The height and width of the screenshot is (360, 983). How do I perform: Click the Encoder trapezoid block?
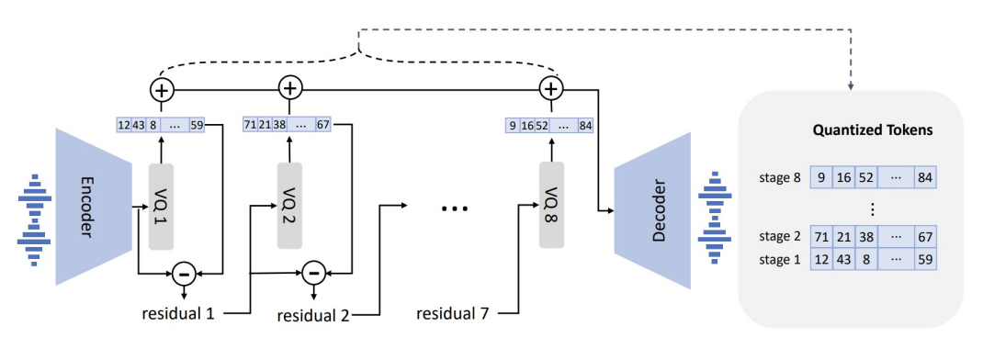click(x=94, y=208)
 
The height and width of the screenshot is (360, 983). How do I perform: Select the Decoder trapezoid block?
click(x=652, y=210)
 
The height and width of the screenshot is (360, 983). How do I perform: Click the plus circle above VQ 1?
click(x=162, y=90)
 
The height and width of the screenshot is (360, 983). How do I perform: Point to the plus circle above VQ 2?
click(x=289, y=88)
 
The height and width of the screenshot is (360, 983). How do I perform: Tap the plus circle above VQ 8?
click(x=550, y=89)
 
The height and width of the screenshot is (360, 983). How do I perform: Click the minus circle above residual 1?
click(x=184, y=273)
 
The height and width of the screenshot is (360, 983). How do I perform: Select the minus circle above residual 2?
click(x=313, y=273)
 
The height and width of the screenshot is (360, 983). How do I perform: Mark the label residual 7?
click(x=455, y=312)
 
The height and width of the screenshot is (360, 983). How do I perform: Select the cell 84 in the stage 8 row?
click(x=925, y=177)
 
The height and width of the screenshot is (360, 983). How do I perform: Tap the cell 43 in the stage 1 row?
click(x=842, y=259)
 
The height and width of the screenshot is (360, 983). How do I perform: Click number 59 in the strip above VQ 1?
click(x=197, y=125)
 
